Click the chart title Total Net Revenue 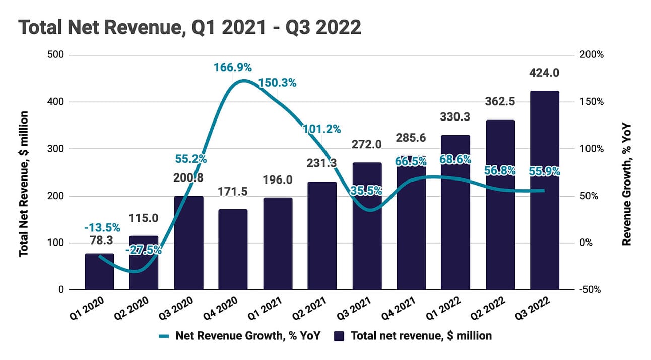pos(190,27)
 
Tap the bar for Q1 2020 pos(99,272)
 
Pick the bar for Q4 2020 pos(233,250)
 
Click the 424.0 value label pos(544,73)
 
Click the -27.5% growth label pos(145,250)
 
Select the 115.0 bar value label pos(144,218)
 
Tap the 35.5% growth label pos(366,191)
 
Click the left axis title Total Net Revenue pos(23,185)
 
